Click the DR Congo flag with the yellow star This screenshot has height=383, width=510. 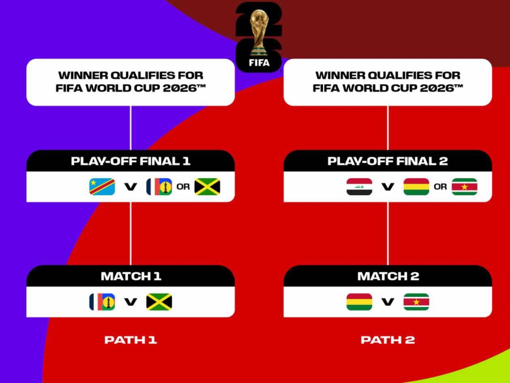102,186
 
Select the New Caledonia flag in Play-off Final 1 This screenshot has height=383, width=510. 159,186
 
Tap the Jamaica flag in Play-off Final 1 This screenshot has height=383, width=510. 207,186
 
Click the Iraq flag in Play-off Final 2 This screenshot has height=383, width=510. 359,186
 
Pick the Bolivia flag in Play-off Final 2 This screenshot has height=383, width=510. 416,186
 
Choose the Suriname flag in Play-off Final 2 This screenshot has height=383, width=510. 464,186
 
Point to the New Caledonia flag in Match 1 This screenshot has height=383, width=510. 102,302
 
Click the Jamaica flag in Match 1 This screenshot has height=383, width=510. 159,302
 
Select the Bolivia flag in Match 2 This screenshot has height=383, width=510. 359,302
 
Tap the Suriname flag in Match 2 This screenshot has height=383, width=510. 416,302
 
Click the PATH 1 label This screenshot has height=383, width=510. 130,340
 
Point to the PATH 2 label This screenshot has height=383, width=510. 388,340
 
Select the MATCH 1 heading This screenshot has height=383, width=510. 130,276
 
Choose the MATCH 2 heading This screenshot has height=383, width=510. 388,276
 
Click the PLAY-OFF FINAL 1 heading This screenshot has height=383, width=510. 130,161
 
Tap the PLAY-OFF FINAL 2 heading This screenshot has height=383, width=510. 388,161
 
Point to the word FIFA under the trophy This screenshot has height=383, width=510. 259,63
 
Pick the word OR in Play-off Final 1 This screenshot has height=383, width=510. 183,186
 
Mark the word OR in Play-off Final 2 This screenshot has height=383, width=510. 440,186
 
